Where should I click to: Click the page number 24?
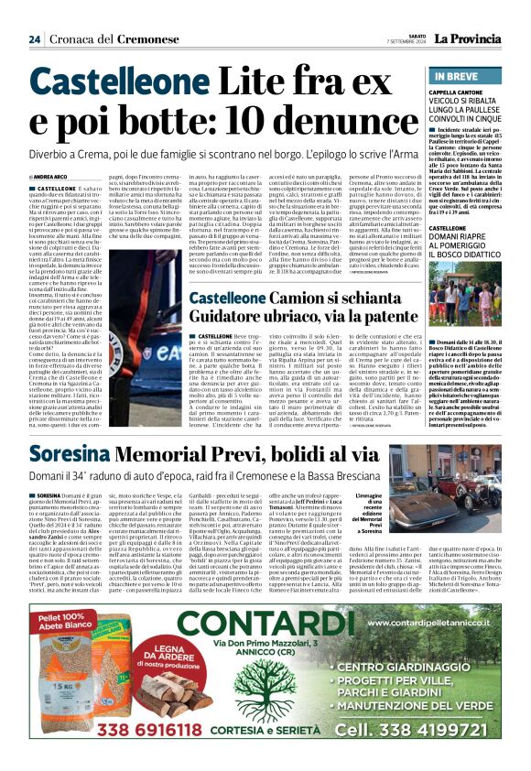(35, 39)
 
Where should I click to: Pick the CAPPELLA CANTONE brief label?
(457, 93)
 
